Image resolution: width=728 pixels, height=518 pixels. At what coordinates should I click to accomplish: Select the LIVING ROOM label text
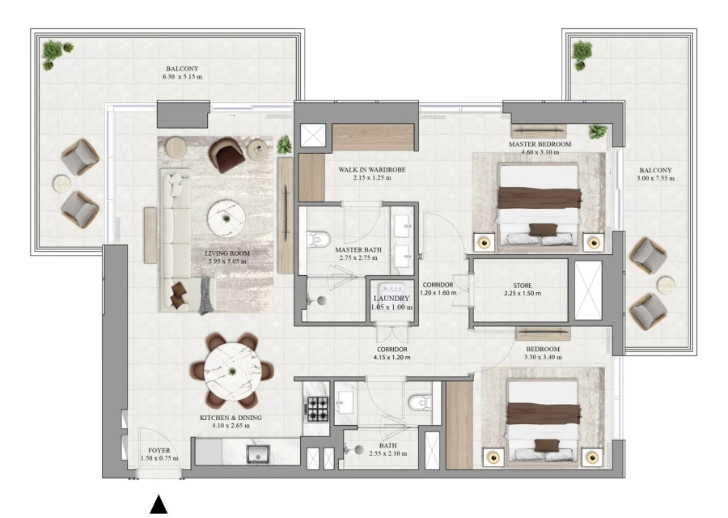point(227,253)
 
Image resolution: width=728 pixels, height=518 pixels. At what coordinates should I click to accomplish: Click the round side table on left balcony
point(61,181)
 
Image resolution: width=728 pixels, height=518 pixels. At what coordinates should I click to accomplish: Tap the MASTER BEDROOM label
point(540,144)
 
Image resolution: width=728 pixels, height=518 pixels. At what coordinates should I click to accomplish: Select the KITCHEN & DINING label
point(231,418)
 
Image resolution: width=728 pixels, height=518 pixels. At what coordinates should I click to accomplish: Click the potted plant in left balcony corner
point(53,53)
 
